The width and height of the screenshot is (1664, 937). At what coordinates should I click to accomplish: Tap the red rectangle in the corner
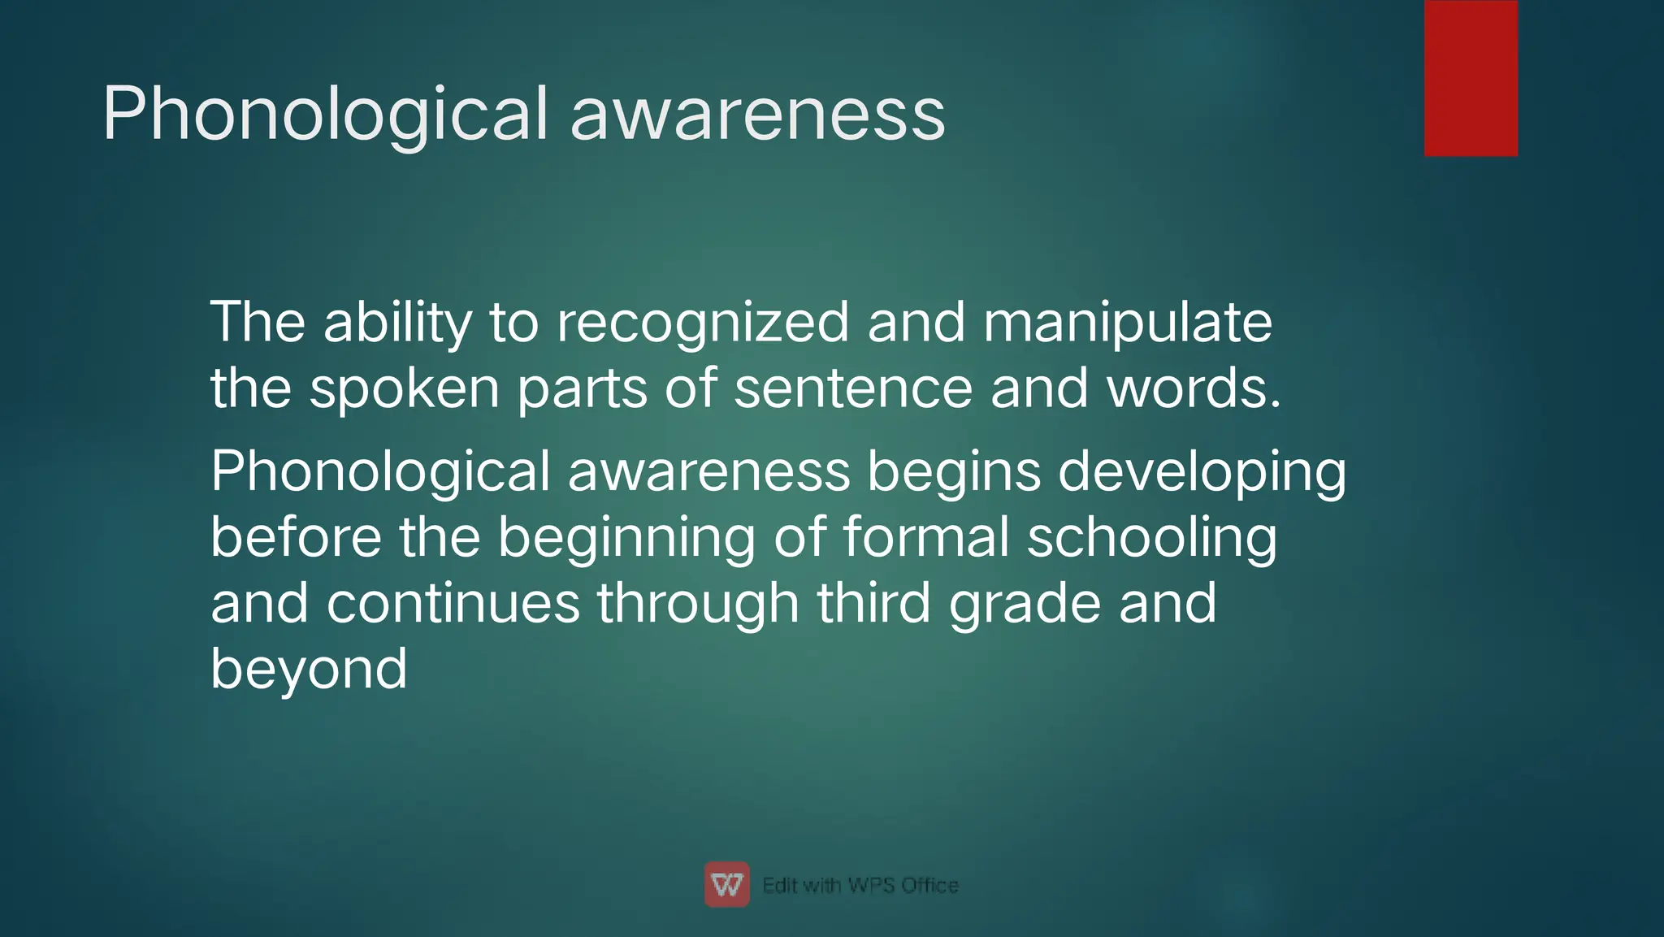[1471, 78]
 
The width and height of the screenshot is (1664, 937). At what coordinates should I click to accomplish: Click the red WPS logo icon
[726, 884]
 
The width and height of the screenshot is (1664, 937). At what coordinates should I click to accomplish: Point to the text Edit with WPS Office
[860, 885]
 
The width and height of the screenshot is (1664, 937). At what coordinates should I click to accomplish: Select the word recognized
[702, 323]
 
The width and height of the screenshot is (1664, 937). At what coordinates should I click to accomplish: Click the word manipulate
[1127, 323]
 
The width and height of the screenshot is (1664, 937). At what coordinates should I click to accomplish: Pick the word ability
[397, 323]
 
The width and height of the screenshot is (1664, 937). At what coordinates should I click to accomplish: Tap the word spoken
[404, 388]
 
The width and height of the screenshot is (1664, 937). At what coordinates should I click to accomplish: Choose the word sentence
[852, 388]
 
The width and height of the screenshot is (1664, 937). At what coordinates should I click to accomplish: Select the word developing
[1202, 472]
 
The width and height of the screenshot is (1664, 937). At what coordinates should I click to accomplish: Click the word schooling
[1151, 538]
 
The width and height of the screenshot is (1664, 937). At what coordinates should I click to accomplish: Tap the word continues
[453, 603]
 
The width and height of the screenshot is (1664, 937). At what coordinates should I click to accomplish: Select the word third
[873, 603]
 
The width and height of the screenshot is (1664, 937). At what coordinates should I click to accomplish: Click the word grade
[1025, 603]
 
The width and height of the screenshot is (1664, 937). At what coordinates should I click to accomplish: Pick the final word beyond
[309, 670]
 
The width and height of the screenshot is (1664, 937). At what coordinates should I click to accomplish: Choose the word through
[698, 603]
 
